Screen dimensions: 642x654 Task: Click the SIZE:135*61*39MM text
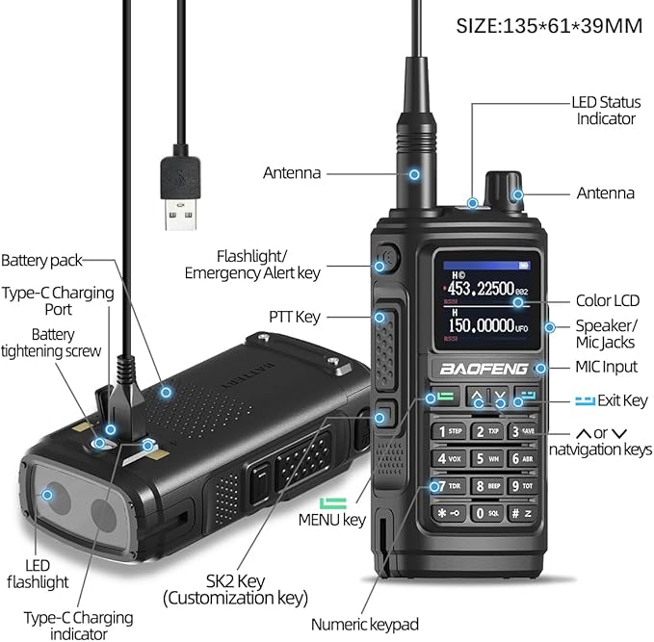[x=549, y=26]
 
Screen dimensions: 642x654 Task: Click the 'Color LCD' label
[x=607, y=301]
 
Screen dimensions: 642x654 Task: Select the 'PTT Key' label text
[x=296, y=316]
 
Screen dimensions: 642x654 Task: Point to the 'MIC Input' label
[x=606, y=367]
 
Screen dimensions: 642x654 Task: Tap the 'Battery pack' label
[x=41, y=260]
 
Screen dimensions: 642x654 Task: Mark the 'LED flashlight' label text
[x=38, y=574]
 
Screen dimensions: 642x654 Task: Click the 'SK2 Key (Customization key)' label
[x=235, y=588]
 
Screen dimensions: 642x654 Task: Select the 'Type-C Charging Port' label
[x=58, y=301]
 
